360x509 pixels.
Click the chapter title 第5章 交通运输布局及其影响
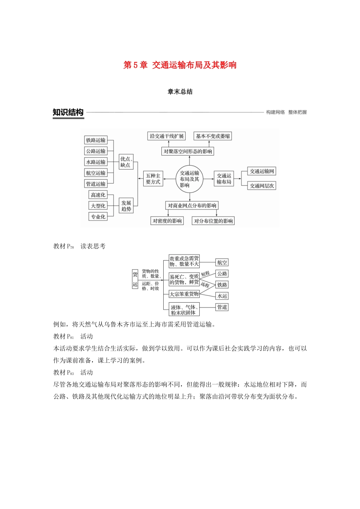pos(180,65)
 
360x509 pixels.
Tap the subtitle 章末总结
pos(180,92)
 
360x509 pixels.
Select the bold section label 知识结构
pos(68,112)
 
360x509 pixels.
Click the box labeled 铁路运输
pos(95,140)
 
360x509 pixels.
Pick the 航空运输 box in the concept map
pos(95,173)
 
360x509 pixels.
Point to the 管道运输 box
pos(95,184)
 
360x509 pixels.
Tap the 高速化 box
pos(98,195)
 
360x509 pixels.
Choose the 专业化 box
pos(98,217)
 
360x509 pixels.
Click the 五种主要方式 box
pos(153,179)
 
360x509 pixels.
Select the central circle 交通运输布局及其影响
pos(189,179)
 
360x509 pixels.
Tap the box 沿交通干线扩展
pos(166,136)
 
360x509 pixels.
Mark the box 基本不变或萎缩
pos(213,136)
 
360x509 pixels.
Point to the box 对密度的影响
pos(167,221)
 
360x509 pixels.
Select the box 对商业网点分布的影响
pos(192,206)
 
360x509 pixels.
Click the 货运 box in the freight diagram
pos(135,279)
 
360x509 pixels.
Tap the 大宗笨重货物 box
pos(184,294)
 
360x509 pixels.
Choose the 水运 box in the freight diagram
pos(222,296)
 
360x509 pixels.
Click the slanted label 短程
pos(205,273)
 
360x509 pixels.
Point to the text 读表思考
pos(93,247)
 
